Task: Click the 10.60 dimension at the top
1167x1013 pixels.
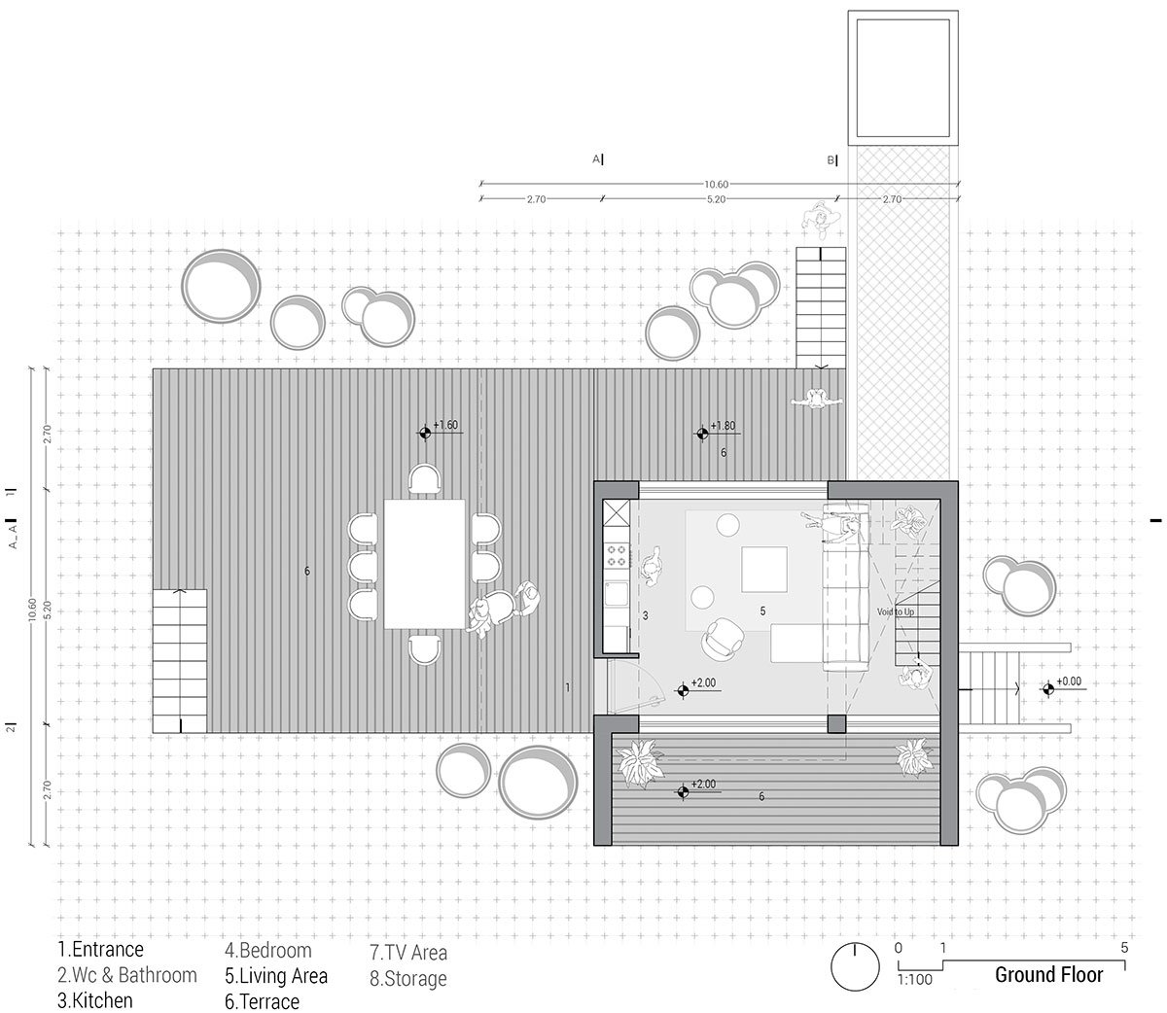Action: pyautogui.click(x=716, y=184)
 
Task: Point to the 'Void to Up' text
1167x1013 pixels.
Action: pyautogui.click(x=896, y=612)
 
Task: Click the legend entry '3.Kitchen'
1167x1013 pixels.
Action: pyautogui.click(x=95, y=999)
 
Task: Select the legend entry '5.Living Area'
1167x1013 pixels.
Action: pyautogui.click(x=276, y=975)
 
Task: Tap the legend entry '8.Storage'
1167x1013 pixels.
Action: pyautogui.click(x=407, y=978)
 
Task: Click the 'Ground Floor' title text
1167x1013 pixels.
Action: pyautogui.click(x=1048, y=974)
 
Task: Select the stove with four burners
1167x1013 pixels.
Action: pyautogui.click(x=617, y=555)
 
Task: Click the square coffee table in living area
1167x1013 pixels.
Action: pyautogui.click(x=765, y=570)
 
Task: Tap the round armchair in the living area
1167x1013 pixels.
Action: pyautogui.click(x=723, y=638)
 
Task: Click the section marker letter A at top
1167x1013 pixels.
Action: pyautogui.click(x=595, y=159)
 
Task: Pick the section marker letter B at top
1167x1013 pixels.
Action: pyautogui.click(x=831, y=160)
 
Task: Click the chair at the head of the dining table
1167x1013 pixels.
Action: pyautogui.click(x=424, y=478)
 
